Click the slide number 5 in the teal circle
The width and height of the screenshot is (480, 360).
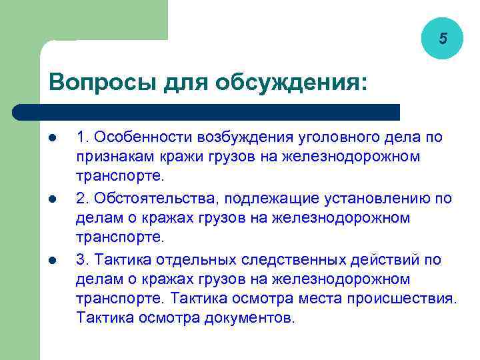pos(443,39)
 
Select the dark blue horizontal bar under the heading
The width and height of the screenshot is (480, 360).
pos(207,112)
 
